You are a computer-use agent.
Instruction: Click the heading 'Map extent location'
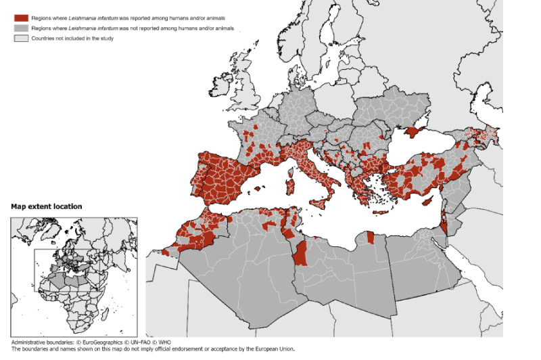47,206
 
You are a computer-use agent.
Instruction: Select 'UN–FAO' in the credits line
145,343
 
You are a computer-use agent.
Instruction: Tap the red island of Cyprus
427,202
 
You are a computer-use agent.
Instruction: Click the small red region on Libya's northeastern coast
370,237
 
